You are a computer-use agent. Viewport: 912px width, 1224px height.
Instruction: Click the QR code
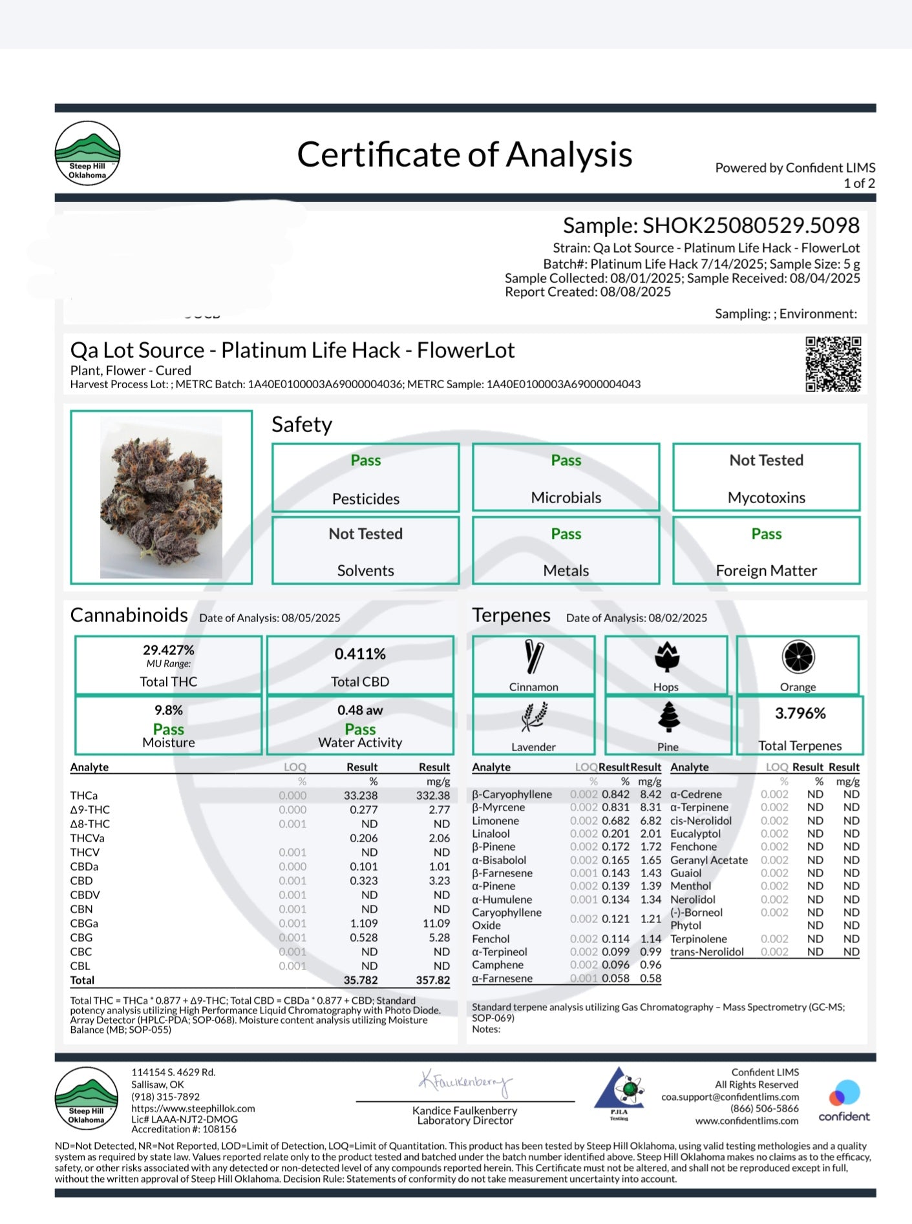pos(833,364)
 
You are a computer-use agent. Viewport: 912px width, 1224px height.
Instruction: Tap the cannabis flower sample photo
pos(161,497)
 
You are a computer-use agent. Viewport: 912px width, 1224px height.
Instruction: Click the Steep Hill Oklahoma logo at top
pos(87,154)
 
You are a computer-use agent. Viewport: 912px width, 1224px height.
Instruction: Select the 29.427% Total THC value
pos(169,650)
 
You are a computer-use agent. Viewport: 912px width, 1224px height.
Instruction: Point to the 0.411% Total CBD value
pos(360,654)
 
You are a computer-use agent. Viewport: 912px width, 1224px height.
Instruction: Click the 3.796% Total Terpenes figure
pos(800,714)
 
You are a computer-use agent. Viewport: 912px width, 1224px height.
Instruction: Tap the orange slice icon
pos(798,658)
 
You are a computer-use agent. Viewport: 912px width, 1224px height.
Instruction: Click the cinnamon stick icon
pos(534,658)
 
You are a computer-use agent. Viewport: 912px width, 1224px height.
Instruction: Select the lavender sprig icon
pos(534,717)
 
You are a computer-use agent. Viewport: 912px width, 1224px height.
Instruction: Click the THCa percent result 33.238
pos(361,796)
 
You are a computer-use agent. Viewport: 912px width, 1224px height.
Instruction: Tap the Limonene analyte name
pos(495,821)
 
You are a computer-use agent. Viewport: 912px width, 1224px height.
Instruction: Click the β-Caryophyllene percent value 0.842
pos(615,794)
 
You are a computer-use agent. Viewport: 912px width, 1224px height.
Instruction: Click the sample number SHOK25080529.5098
pos(750,225)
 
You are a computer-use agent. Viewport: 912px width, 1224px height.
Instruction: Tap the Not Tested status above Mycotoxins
pos(767,461)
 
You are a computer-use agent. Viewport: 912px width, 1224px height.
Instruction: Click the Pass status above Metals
pos(566,534)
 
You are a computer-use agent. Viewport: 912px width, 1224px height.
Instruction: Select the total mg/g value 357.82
pos(432,980)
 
